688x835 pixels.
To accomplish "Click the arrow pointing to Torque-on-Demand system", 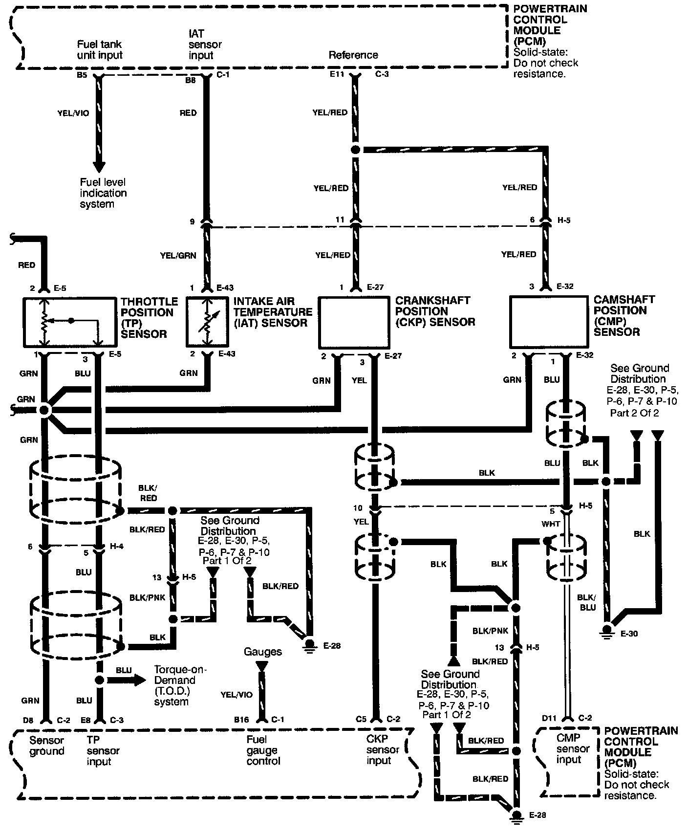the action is point(127,680).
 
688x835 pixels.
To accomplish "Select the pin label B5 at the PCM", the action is point(83,76).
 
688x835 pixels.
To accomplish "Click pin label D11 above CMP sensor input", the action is point(549,718).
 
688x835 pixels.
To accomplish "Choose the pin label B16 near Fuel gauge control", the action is point(242,719).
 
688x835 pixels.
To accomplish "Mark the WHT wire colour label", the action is point(551,524).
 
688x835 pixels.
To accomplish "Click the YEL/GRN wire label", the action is point(178,255).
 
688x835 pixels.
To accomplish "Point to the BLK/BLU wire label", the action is point(586,602).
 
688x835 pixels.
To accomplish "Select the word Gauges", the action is point(263,652).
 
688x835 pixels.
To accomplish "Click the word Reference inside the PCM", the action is point(353,55).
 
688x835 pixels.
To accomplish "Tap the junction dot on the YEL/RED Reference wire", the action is point(356,150).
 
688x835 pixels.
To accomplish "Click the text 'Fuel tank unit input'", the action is point(100,49).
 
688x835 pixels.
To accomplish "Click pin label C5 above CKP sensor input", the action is point(361,719).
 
